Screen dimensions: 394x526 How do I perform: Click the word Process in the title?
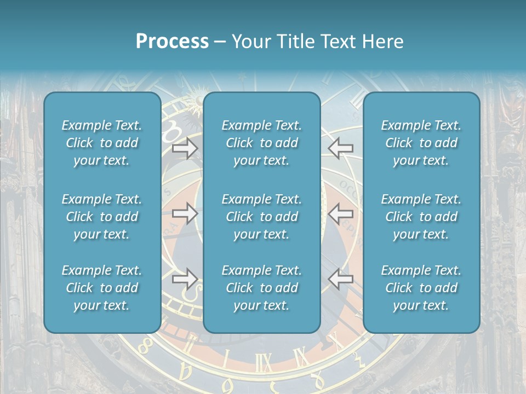pyautogui.click(x=172, y=42)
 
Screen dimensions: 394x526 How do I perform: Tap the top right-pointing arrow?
pyautogui.click(x=185, y=148)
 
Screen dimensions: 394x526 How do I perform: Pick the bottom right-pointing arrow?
pyautogui.click(x=185, y=279)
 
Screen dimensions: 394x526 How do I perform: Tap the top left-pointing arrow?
pyautogui.click(x=340, y=148)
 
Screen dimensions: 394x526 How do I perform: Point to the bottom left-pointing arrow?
pyautogui.click(x=340, y=279)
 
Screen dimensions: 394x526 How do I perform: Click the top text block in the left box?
pyautogui.click(x=102, y=143)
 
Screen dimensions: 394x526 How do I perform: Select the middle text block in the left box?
pyautogui.click(x=102, y=217)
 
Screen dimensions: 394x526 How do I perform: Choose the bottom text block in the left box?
pyautogui.click(x=102, y=288)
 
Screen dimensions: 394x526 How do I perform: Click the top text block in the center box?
pyautogui.click(x=261, y=143)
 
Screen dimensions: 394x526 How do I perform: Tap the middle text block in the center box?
pyautogui.click(x=261, y=217)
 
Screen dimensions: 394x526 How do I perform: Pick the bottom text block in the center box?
pyautogui.click(x=261, y=288)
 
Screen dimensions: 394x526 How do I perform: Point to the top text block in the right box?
pyautogui.click(x=421, y=143)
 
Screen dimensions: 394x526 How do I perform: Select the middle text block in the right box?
pyautogui.click(x=421, y=217)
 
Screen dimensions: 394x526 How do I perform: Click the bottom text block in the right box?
pyautogui.click(x=421, y=288)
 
